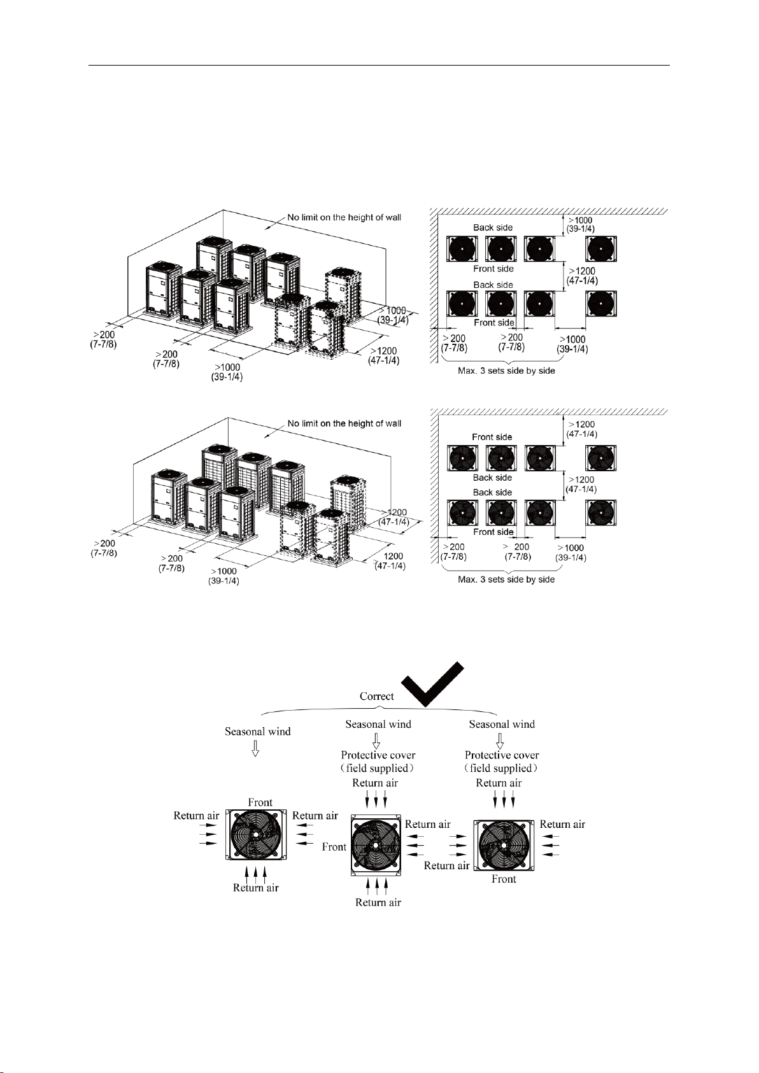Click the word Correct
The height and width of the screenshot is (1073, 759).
[376, 696]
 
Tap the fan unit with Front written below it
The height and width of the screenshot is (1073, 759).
[503, 845]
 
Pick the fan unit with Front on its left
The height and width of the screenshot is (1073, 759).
[376, 846]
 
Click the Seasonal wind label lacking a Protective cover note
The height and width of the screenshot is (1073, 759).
[258, 732]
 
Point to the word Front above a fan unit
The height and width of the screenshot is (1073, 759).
[260, 802]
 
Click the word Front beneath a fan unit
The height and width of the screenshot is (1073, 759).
[504, 879]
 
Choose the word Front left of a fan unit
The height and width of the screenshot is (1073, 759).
[334, 847]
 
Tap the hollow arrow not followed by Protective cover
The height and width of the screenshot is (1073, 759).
[255, 748]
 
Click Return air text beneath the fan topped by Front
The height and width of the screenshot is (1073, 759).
[256, 888]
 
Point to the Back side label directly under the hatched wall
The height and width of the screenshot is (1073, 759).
[493, 227]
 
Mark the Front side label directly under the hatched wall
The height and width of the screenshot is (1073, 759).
[492, 437]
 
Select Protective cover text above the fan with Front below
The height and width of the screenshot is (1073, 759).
[502, 755]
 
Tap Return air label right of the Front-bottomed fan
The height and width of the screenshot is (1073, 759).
[562, 824]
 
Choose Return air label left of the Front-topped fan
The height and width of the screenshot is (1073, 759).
[196, 815]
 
